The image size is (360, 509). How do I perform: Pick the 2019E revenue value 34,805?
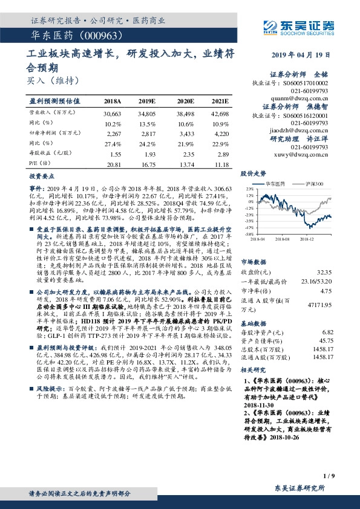click(x=147, y=114)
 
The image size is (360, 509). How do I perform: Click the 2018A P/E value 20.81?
click(x=113, y=164)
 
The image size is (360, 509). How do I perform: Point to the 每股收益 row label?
click(x=44, y=154)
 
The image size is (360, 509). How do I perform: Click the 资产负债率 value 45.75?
click(x=326, y=341)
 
